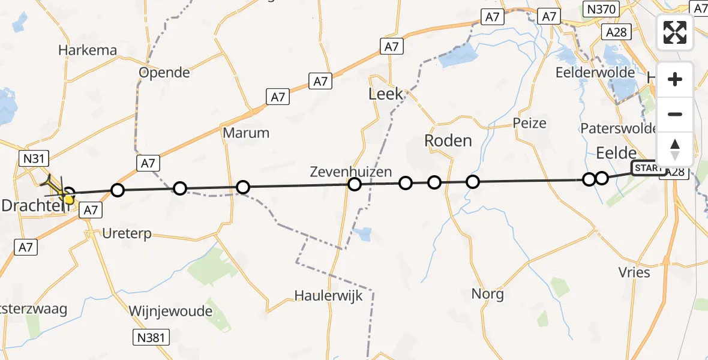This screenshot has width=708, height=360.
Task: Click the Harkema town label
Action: [88, 50]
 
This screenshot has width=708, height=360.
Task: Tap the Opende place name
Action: [164, 73]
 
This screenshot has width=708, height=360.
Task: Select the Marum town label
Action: [246, 132]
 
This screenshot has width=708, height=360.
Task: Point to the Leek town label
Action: [386, 94]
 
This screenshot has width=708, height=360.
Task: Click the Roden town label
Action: [448, 140]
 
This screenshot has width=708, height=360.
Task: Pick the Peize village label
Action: [530, 123]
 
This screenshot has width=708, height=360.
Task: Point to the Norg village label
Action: [487, 294]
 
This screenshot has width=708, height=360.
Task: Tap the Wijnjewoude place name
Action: [170, 311]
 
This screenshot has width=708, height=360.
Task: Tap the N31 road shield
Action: [34, 158]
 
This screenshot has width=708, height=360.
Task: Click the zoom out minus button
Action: [675, 114]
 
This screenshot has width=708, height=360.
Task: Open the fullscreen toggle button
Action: [675, 32]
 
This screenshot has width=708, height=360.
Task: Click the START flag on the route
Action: [647, 168]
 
